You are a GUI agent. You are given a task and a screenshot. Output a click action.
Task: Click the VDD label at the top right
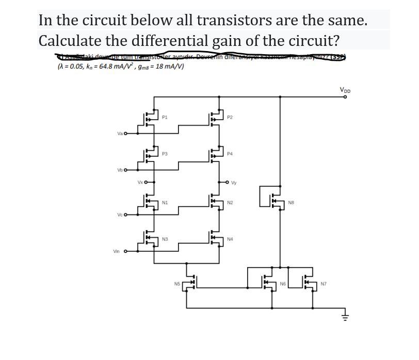pyautogui.click(x=345, y=90)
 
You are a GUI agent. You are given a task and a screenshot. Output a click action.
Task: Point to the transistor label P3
pyautogui.click(x=164, y=153)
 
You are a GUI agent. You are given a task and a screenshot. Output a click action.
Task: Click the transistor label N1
pyautogui.click(x=164, y=203)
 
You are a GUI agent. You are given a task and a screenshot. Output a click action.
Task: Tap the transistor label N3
pyautogui.click(x=164, y=239)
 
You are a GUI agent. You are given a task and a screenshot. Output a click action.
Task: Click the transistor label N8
pyautogui.click(x=291, y=203)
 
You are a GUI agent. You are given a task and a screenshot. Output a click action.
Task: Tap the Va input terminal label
pyautogui.click(x=119, y=133)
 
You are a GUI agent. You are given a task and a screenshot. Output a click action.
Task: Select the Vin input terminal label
pyautogui.click(x=117, y=251)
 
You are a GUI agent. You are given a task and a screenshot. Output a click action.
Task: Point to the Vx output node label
pyautogui.click(x=140, y=182)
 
